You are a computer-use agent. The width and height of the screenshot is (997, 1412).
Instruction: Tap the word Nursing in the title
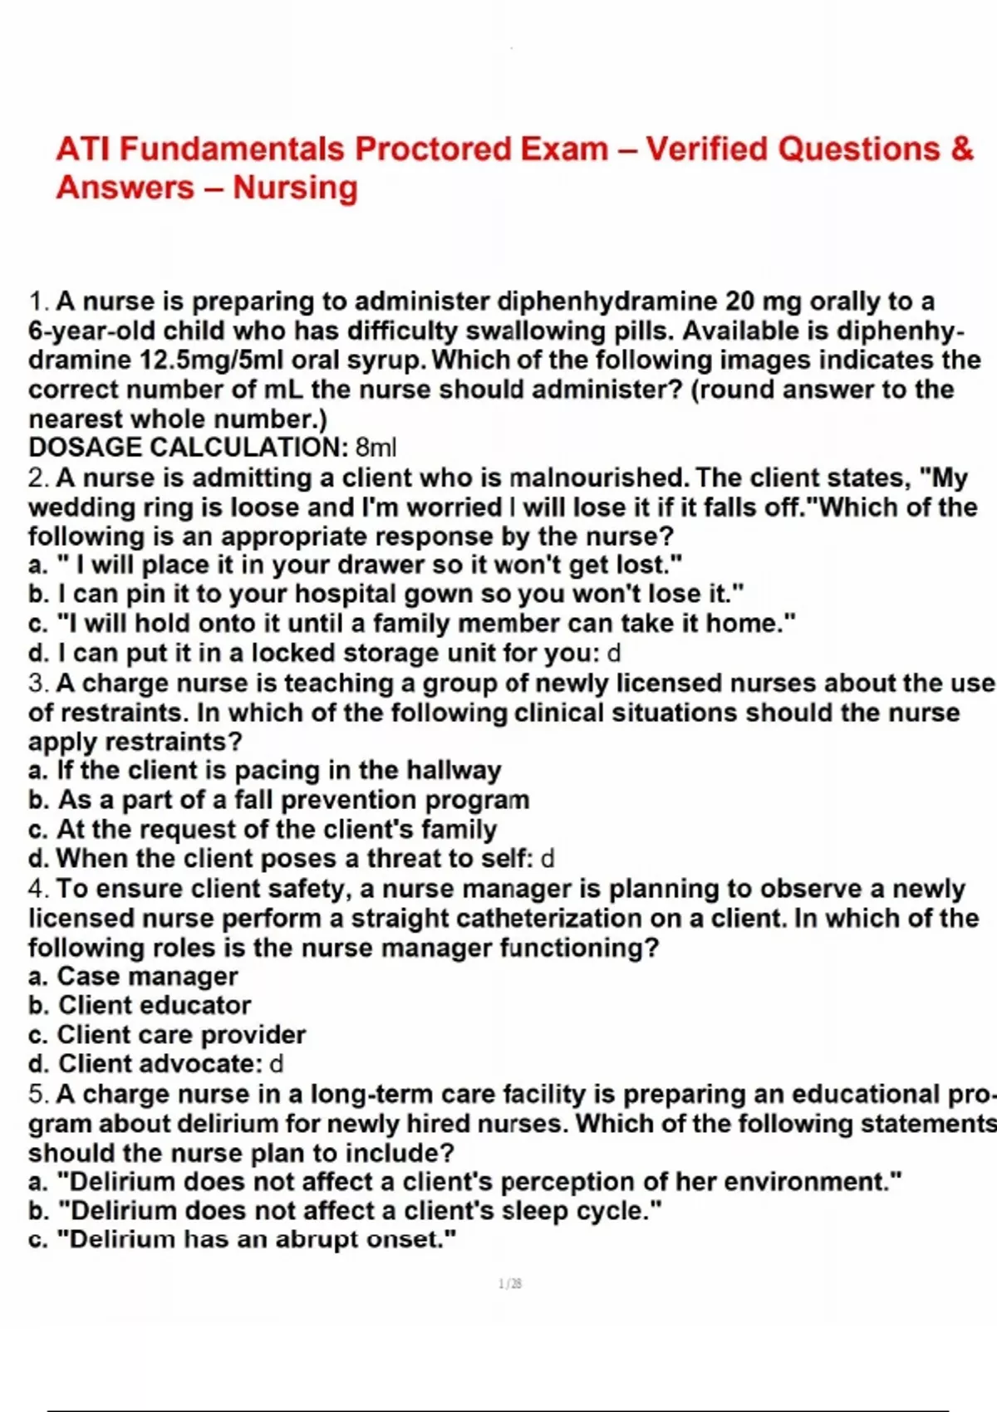[x=295, y=188]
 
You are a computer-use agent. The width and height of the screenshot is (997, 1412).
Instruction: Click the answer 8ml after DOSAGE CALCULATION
[x=376, y=448]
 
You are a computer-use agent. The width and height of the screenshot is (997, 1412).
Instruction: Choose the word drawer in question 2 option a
[x=386, y=566]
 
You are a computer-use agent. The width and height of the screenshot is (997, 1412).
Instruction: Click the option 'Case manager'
[x=146, y=977]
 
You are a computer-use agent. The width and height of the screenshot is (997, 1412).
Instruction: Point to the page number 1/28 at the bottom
[x=510, y=1284]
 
